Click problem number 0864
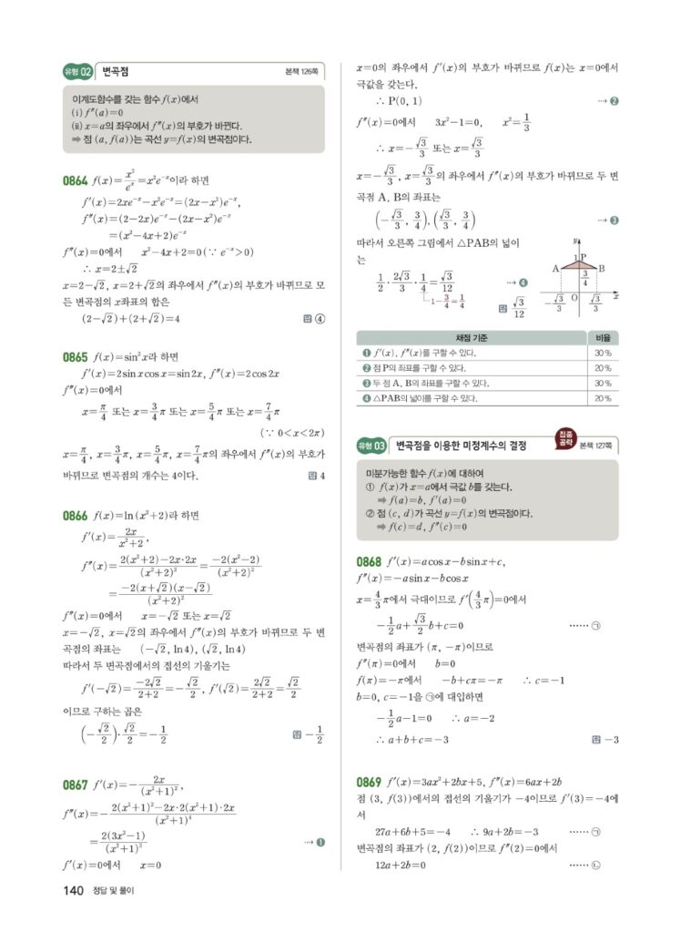coord(76,180)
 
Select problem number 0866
coord(76,515)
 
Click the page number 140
coord(74,889)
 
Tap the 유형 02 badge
coord(78,72)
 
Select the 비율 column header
coord(602,338)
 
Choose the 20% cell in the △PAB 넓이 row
coord(602,398)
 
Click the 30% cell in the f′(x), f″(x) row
coord(602,353)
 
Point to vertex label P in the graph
coord(584,258)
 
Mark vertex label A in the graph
coord(555,268)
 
